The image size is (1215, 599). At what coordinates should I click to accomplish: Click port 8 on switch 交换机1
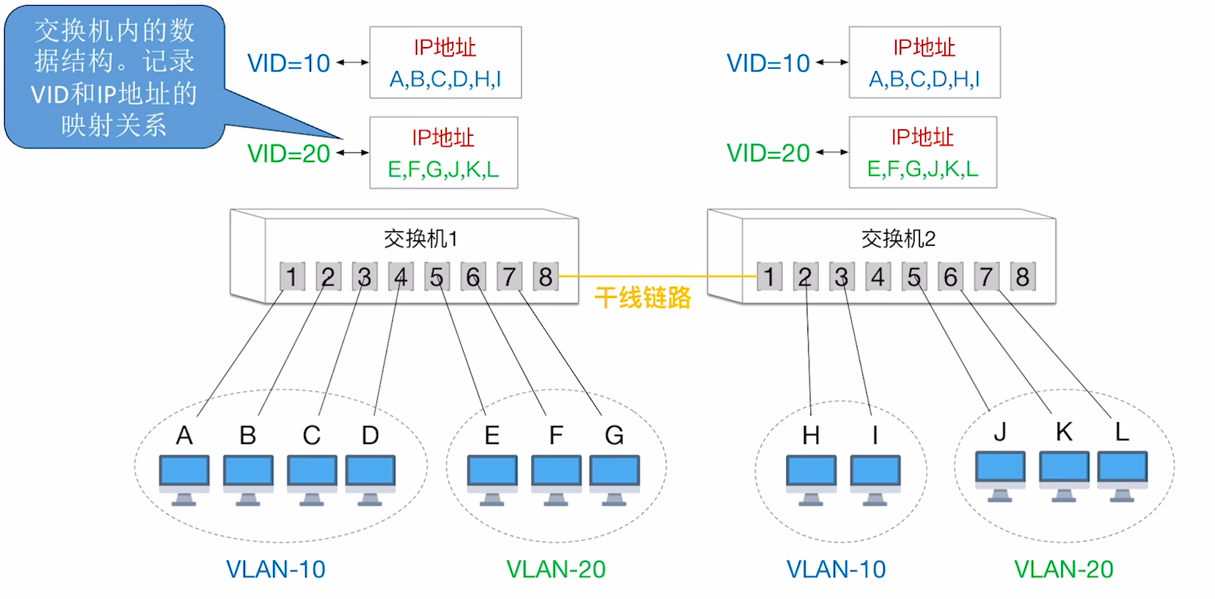(x=545, y=277)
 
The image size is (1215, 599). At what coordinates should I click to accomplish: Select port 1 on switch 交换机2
(x=769, y=277)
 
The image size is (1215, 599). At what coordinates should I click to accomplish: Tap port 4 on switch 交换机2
(x=877, y=277)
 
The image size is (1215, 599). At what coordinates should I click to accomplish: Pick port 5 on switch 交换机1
(x=437, y=277)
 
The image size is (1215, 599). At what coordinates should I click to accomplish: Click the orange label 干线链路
(x=642, y=297)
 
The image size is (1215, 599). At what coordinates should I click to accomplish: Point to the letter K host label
(x=1064, y=432)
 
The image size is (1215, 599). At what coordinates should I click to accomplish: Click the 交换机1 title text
(x=420, y=239)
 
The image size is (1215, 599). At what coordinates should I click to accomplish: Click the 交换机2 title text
(x=898, y=239)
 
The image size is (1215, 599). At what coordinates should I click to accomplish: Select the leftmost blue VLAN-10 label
(x=275, y=569)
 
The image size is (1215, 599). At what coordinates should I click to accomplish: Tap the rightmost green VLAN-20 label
(x=1063, y=569)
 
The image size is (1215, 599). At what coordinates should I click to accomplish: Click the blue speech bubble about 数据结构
(x=114, y=77)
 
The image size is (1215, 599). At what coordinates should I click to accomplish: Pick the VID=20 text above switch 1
(x=288, y=153)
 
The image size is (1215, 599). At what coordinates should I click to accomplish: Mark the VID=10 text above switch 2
(x=767, y=63)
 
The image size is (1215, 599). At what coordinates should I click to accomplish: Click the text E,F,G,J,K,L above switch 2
(x=922, y=170)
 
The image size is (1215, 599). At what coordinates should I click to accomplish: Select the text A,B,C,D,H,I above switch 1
(x=445, y=79)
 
